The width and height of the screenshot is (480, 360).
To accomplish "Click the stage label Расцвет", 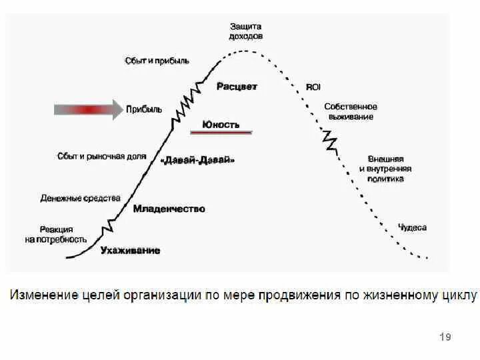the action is coord(237,87).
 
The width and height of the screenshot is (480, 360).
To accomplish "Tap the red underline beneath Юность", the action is coord(221,133).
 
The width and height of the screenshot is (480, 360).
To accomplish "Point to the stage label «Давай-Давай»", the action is coord(199,161).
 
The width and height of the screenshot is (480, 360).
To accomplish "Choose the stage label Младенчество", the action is coord(169,209).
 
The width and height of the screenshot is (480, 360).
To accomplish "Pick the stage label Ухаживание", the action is coord(130,251).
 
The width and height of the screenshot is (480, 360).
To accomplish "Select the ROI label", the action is coord(313,87).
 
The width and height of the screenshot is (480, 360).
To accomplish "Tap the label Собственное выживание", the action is coord(351,111).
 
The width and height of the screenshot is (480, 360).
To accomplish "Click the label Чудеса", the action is coord(412,227).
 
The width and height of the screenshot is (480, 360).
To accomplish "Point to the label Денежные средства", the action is coord(80,198).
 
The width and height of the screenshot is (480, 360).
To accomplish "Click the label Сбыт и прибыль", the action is coord(157,61).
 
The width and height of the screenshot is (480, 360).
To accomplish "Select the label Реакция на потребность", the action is coord(56,234).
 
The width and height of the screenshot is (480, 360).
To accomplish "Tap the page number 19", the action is coord(445,337).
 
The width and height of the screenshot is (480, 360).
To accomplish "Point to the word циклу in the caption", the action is coord(459,295).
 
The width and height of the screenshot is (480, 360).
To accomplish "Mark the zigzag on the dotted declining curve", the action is coord(329,141).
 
